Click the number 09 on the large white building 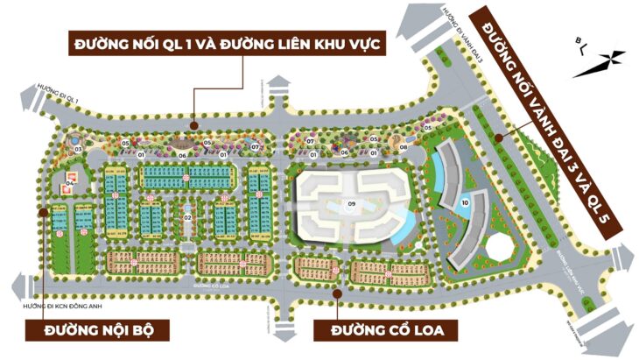tap(351, 205)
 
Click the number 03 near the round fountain tap(78, 150)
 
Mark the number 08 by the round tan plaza tap(404, 148)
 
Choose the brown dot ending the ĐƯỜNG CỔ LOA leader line tap(337, 295)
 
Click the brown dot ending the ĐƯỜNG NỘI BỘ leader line tap(41, 210)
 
